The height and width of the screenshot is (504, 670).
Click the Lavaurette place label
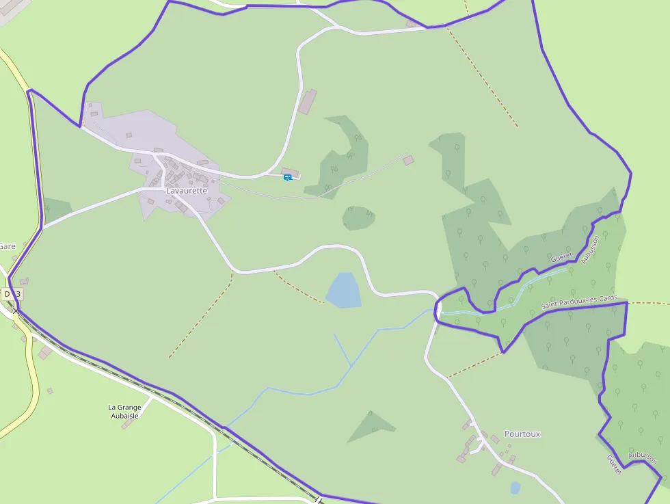(x=186, y=191)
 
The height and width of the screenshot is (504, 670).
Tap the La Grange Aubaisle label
(x=124, y=411)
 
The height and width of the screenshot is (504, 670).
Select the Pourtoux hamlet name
(x=522, y=434)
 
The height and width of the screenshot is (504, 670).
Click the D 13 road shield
(x=12, y=293)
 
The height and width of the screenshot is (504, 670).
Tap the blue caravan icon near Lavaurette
(x=288, y=177)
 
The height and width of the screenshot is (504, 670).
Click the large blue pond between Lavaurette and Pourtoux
(x=343, y=290)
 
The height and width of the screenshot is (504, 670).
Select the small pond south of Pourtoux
(x=515, y=488)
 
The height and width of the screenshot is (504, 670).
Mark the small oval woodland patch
(x=358, y=218)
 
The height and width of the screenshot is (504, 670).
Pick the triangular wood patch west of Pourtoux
(x=371, y=425)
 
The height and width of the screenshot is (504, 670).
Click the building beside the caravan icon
(x=290, y=171)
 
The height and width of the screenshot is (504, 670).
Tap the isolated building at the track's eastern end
(x=408, y=160)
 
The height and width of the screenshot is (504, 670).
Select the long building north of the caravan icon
(x=308, y=101)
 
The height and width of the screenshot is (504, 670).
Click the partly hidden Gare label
(x=8, y=246)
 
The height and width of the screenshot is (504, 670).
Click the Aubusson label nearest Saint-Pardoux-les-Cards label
(x=589, y=250)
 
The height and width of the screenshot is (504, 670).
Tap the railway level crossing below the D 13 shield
(x=15, y=311)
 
